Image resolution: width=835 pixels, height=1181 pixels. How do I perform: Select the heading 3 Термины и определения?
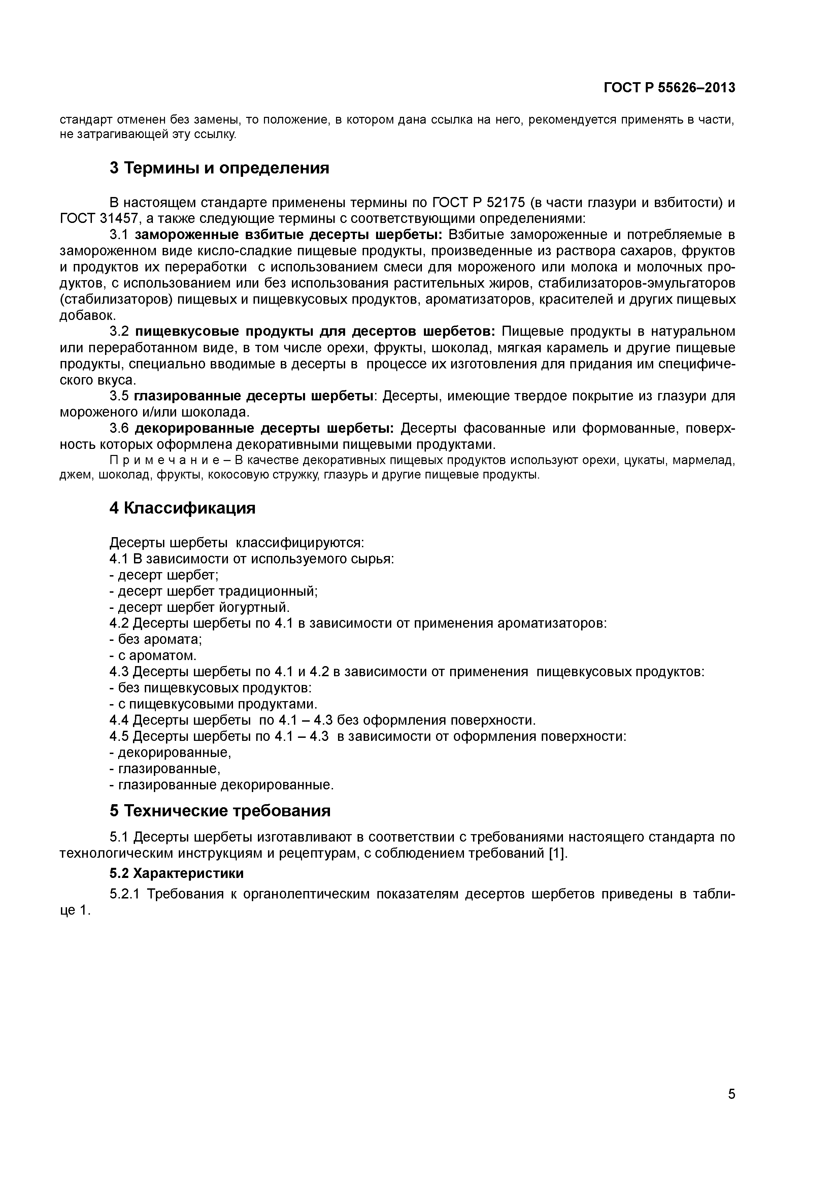(219, 168)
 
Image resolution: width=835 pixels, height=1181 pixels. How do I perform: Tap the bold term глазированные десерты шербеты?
(254, 396)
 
